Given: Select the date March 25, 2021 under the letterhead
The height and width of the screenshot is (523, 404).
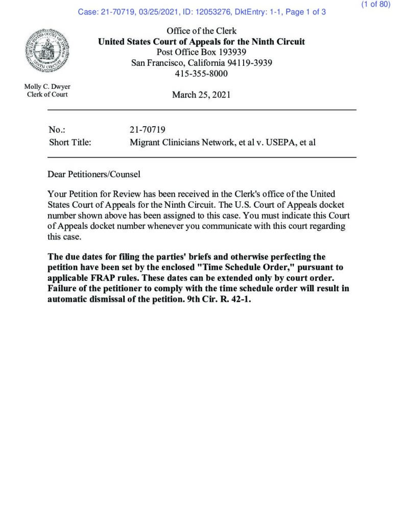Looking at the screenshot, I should pyautogui.click(x=201, y=94).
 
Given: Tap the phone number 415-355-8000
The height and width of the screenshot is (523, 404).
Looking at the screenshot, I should pyautogui.click(x=201, y=74).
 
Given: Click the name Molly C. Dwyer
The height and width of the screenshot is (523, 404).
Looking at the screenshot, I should pyautogui.click(x=47, y=86).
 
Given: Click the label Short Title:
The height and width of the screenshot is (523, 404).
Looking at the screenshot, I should pyautogui.click(x=70, y=142).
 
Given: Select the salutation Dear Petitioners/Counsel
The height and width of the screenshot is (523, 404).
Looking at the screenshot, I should pyautogui.click(x=94, y=174).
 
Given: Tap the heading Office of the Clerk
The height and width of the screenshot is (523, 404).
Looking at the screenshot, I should pyautogui.click(x=201, y=31).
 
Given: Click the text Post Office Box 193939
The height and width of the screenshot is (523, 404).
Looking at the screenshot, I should pyautogui.click(x=201, y=52).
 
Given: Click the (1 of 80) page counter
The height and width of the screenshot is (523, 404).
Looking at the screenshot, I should pyautogui.click(x=375, y=5).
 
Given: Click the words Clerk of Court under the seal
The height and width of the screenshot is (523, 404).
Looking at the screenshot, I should pyautogui.click(x=47, y=94).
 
